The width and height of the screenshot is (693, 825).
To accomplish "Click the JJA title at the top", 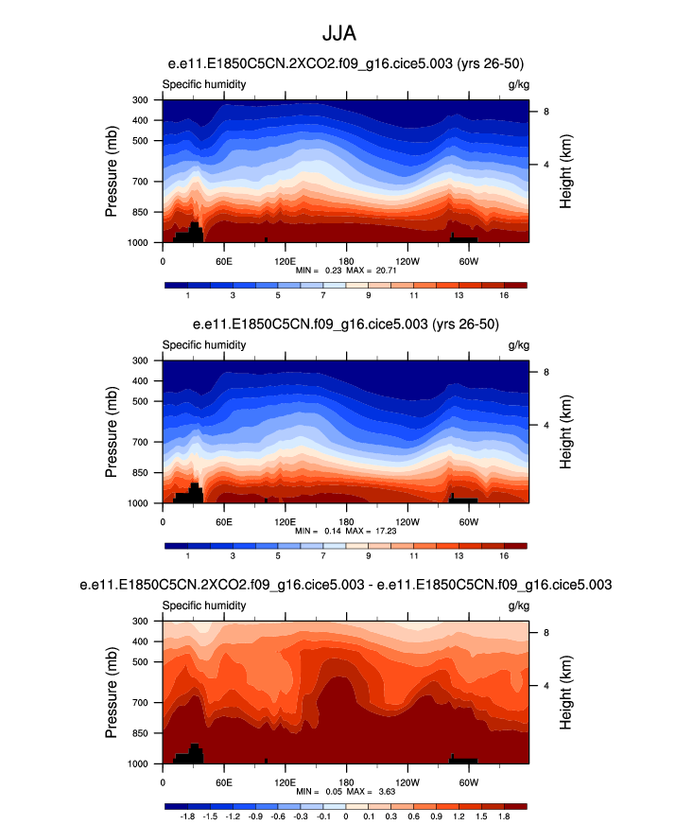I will tap(345, 35).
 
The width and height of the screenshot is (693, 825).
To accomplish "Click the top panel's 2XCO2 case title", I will tap(345, 63).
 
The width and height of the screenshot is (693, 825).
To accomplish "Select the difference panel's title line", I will tap(345, 586).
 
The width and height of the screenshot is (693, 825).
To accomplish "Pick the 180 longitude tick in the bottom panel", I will tap(346, 782).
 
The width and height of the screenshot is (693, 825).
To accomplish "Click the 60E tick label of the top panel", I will tap(224, 261).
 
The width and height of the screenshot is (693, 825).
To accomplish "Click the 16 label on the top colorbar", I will tap(504, 296).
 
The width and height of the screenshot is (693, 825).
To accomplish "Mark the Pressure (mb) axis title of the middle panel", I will tap(112, 431).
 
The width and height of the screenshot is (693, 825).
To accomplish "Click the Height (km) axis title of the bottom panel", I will tap(565, 692).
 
